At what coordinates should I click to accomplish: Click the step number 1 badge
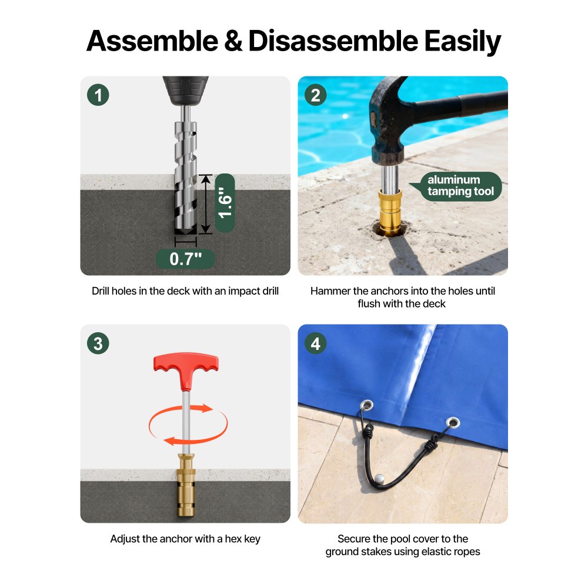[98, 95]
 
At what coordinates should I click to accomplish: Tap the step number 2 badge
[315, 95]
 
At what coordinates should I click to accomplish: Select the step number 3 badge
[98, 343]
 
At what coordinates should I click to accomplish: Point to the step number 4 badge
[315, 343]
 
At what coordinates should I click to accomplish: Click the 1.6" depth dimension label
[225, 202]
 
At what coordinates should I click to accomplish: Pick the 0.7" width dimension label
[185, 259]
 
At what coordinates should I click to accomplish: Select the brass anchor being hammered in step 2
[390, 212]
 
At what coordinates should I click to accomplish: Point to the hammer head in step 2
[387, 120]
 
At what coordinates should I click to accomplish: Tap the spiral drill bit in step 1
[185, 176]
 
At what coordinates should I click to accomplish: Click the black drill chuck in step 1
[185, 91]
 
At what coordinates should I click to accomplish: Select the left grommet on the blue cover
[366, 405]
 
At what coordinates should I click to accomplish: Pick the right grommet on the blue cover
[453, 423]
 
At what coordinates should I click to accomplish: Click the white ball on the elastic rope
[379, 479]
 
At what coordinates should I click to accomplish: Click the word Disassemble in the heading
[333, 41]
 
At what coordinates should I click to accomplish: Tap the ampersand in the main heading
[233, 41]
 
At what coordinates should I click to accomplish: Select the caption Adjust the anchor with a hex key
[185, 539]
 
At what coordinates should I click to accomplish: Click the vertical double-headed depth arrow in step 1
[205, 205]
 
